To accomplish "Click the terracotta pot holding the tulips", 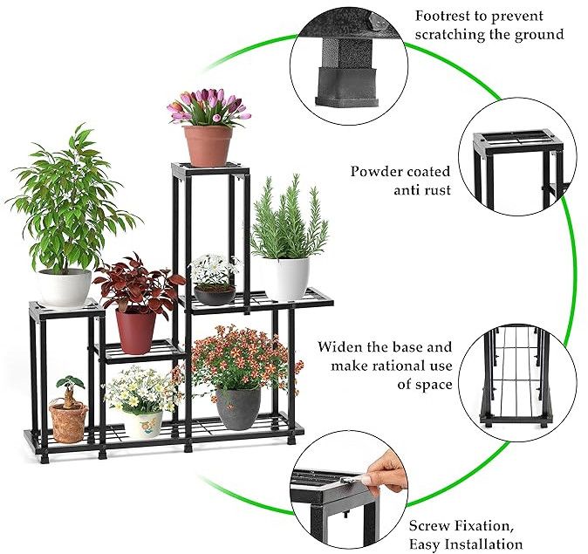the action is point(209,146).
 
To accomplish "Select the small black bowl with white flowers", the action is point(215,295).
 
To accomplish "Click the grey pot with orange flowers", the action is point(238,409).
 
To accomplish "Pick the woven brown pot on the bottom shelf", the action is point(68,423).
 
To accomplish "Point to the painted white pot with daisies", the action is point(144,425).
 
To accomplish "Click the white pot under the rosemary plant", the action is point(286,279).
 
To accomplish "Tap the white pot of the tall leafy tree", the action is point(65,288).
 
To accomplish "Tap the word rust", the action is point(436,190).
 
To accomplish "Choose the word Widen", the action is point(340,346).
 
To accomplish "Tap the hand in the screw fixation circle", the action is point(386,475).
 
